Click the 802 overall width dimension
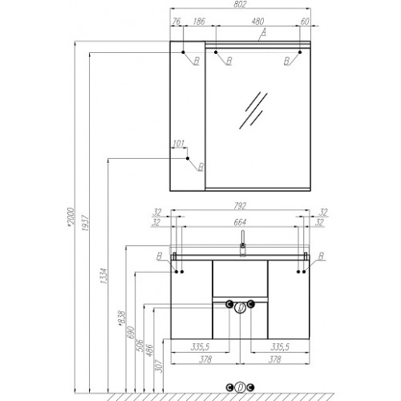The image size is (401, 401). point(240,4)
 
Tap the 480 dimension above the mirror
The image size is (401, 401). point(257,22)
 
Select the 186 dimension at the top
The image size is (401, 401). point(199,22)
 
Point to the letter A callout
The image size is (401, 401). point(264,33)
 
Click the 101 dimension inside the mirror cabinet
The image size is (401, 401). point(178,144)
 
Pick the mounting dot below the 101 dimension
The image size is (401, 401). point(188,159)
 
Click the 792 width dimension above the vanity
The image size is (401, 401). point(240,206)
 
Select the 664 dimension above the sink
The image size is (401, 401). point(240,222)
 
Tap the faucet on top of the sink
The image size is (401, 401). point(243,243)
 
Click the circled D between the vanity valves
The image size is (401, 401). point(240,308)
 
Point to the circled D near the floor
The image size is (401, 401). point(240,387)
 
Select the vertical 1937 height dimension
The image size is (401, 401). point(85,222)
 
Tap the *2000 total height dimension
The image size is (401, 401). point(70,217)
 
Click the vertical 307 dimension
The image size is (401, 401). point(159,367)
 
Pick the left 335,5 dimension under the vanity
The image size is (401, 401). point(200,347)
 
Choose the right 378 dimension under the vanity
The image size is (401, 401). point(274,359)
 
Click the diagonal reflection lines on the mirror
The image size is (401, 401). point(253,111)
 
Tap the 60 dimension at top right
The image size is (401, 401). point(305,22)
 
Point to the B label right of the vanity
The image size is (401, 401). point(321,256)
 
